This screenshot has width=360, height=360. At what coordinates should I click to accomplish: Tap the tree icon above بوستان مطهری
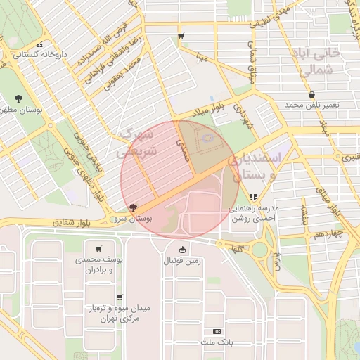tap(18, 98)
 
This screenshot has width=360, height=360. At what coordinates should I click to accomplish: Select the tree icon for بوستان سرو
tap(134, 207)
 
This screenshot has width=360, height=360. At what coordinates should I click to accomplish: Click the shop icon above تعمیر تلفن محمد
tap(311, 94)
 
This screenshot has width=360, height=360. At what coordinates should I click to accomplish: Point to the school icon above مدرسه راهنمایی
tap(252, 197)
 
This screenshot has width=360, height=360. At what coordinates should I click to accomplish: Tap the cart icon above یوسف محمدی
tap(98, 248)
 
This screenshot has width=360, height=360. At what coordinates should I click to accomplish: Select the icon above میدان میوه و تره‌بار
tap(120, 297)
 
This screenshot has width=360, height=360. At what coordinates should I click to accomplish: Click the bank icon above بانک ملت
tap(216, 330)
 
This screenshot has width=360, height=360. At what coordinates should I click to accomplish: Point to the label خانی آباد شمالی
tap(320, 62)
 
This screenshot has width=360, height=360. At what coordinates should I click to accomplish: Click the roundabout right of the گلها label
tap(261, 248)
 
